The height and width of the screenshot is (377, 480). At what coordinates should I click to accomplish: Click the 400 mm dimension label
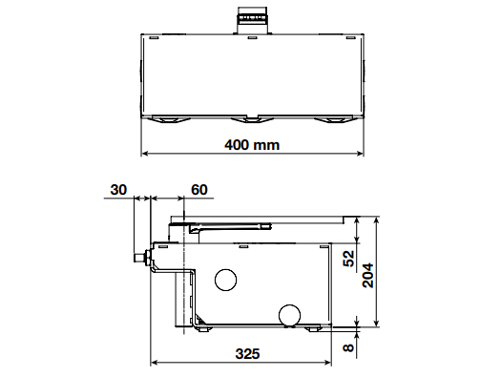click(252, 145)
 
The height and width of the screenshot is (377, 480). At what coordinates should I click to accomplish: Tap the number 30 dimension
click(118, 190)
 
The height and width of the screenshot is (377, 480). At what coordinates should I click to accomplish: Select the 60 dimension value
click(199, 190)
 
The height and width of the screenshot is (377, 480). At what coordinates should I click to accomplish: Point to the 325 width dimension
click(247, 354)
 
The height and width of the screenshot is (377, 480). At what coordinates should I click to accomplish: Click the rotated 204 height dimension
click(368, 275)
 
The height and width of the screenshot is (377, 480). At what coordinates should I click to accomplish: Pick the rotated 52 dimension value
click(349, 259)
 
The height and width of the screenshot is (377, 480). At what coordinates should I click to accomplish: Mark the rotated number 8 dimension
click(349, 347)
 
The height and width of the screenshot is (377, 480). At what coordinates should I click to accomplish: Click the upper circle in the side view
click(226, 280)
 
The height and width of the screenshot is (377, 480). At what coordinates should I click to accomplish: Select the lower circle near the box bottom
click(289, 315)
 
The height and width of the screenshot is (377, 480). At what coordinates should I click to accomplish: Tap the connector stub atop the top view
click(252, 20)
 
